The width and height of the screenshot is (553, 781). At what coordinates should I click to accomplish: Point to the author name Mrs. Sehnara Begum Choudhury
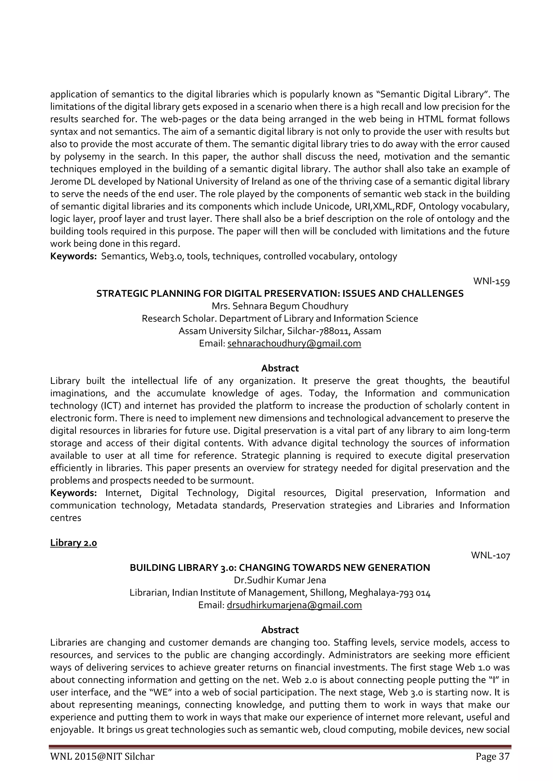(x=280, y=306)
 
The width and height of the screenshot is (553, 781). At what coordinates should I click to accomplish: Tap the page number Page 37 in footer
(x=493, y=766)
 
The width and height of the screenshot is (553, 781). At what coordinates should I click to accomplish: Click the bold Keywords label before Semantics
(x=73, y=256)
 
